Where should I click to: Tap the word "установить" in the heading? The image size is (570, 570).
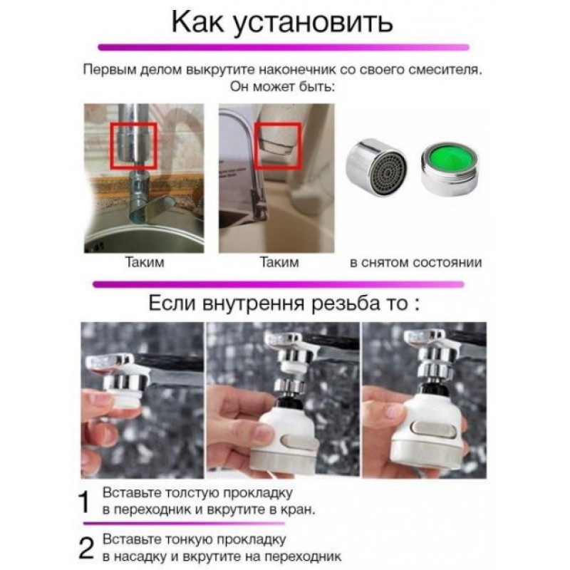313,24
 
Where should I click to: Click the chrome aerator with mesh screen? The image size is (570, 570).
377,167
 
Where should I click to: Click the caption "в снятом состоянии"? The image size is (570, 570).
415,262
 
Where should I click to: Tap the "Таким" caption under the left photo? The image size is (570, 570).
145,262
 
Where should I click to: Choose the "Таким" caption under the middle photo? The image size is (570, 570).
279,262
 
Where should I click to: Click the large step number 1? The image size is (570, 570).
84,502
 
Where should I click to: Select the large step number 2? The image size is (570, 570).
86,548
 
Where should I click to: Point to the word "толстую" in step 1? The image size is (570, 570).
192,493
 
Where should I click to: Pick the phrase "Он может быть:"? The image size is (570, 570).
282,87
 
